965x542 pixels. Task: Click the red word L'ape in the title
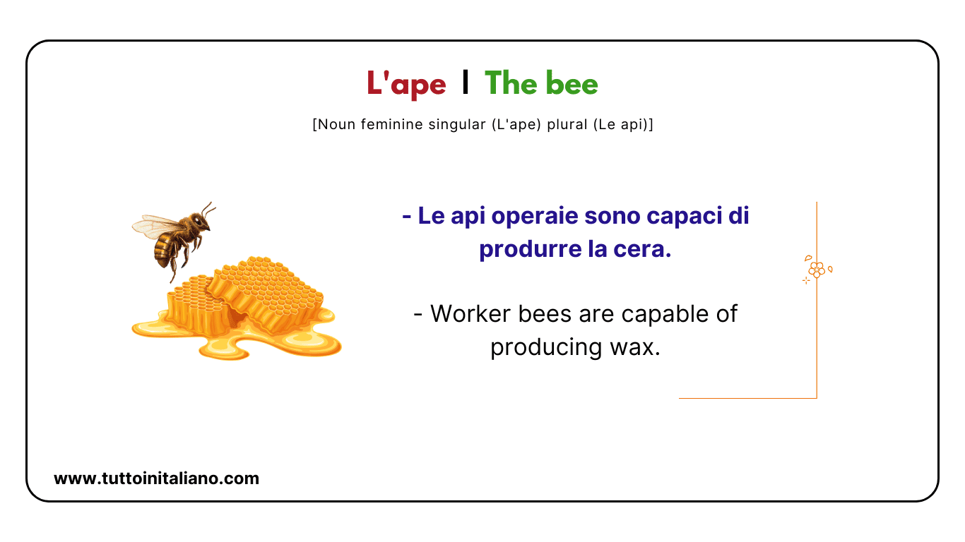click(406, 84)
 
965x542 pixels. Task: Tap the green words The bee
click(541, 84)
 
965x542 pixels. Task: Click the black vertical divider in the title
click(464, 83)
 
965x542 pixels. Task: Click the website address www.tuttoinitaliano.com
click(156, 478)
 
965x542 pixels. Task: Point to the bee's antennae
click(208, 209)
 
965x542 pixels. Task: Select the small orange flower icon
click(817, 268)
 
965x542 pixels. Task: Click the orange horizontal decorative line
click(747, 398)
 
